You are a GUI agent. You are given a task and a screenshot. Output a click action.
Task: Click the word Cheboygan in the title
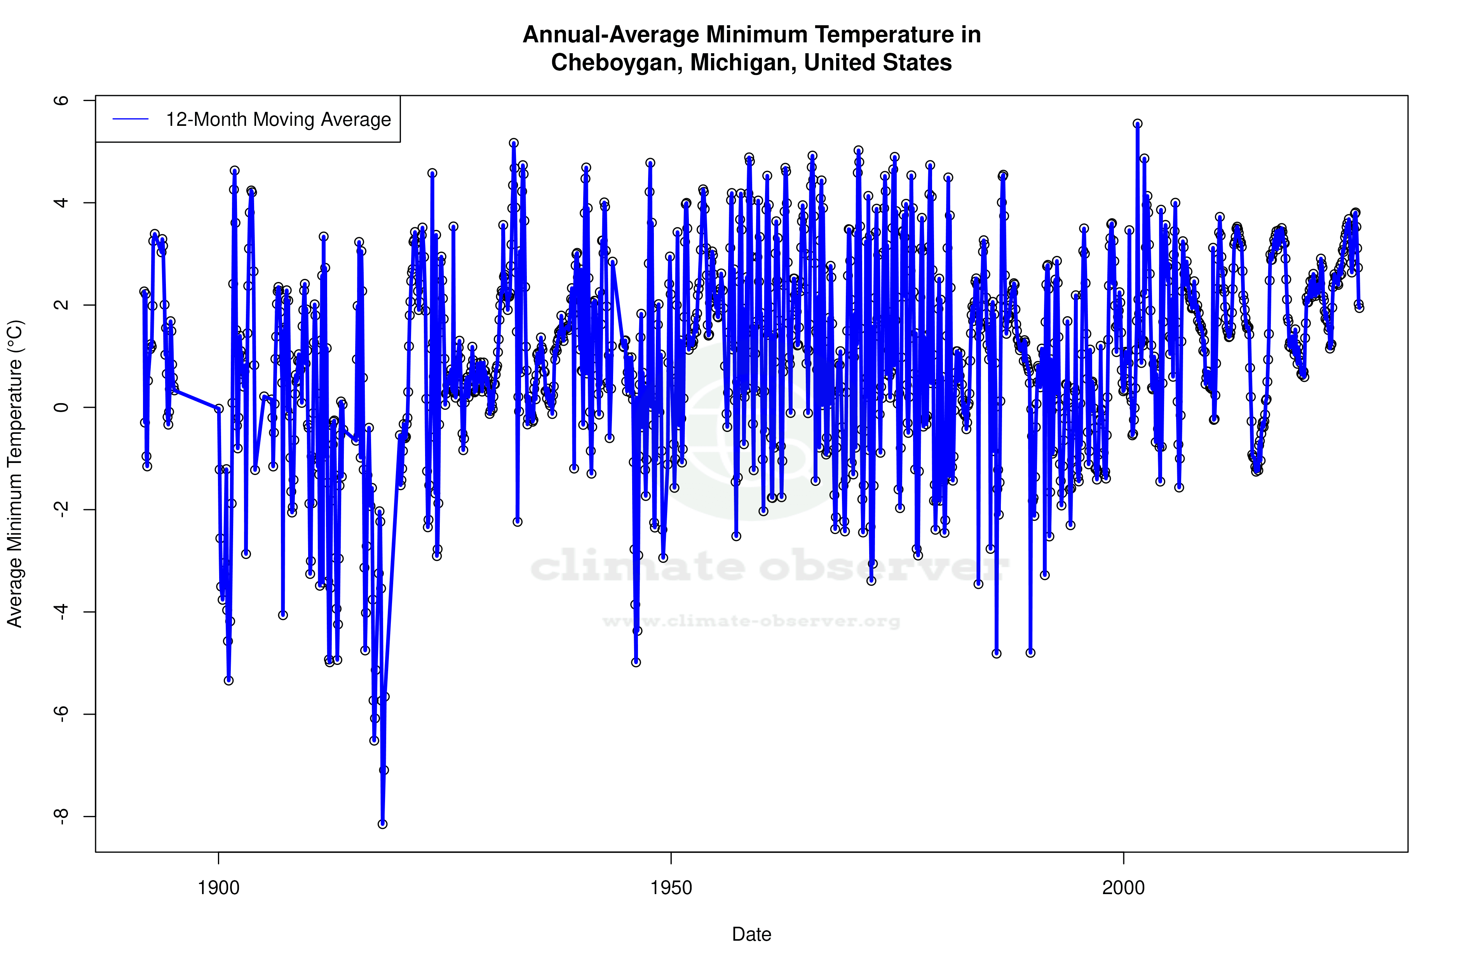(616, 63)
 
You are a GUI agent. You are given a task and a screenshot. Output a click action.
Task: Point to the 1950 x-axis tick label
(671, 888)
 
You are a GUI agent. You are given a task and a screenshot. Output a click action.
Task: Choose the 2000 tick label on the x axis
(1123, 888)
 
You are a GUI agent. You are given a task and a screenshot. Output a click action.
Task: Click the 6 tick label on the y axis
(61, 100)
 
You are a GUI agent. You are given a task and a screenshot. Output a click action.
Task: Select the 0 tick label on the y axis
(61, 407)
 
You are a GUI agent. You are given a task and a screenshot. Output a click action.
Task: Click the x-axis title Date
(751, 934)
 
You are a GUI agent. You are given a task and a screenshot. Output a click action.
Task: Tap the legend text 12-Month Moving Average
(278, 120)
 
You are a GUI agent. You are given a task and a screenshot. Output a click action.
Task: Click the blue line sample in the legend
(130, 120)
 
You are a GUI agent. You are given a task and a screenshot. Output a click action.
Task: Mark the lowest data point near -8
(383, 824)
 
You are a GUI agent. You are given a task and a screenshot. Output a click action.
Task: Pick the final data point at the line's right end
(1359, 308)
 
